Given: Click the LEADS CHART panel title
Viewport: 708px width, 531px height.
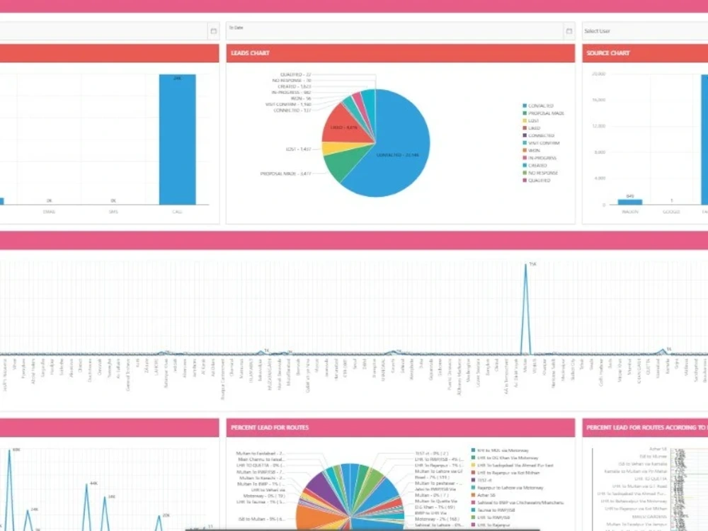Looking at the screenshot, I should point(250,53).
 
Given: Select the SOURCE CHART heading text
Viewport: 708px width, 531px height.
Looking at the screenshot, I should point(608,53).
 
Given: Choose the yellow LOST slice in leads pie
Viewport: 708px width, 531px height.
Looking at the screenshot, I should point(329,149).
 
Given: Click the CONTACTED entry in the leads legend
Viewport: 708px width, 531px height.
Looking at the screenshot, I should point(542,106).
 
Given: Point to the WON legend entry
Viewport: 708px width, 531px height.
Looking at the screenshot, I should point(534,150).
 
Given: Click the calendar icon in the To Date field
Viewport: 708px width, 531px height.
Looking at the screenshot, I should point(568,31).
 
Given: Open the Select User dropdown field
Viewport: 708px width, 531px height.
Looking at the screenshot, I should point(644,31).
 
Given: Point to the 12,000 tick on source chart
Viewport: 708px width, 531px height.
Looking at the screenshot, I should point(598,126).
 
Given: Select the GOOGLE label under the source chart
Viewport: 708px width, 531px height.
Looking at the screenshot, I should point(670,211).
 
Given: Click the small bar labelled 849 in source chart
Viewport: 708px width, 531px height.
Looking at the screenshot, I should point(629,202).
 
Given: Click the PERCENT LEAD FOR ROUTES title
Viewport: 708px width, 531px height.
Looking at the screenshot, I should point(269,428).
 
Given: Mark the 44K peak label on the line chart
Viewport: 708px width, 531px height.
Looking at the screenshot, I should point(93,484).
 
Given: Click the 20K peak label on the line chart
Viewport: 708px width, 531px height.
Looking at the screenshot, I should point(165,515).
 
